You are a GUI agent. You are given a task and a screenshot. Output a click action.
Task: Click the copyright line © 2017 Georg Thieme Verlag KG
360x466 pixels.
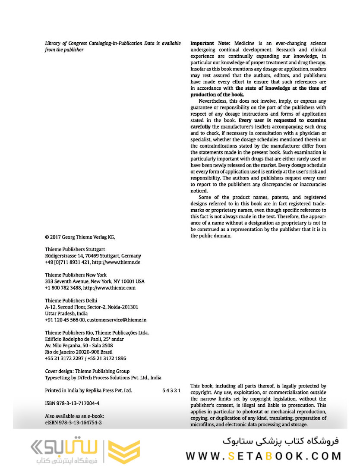[80, 237]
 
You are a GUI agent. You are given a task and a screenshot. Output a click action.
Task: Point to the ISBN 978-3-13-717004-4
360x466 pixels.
[72, 403]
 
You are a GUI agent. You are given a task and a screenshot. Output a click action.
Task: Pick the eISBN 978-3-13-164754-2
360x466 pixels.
[73, 423]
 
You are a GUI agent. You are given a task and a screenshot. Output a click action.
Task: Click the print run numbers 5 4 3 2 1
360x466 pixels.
[171, 390]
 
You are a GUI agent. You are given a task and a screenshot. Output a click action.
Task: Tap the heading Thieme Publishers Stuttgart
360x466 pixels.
[75, 249]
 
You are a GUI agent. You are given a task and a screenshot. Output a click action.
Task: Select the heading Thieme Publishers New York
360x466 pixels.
[76, 275]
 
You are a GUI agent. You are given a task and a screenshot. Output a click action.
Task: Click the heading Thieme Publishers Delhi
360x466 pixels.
[71, 300]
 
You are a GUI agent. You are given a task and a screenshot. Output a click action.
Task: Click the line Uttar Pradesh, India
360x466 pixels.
[66, 313]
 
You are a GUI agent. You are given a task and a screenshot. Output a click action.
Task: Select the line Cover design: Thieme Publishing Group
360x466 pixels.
[87, 371]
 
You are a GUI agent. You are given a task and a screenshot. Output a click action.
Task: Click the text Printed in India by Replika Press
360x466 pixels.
[88, 390]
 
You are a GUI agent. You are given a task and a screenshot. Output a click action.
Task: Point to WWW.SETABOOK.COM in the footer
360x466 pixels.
[263, 456]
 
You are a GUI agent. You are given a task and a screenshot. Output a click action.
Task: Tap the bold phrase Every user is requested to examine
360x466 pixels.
[282, 120]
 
